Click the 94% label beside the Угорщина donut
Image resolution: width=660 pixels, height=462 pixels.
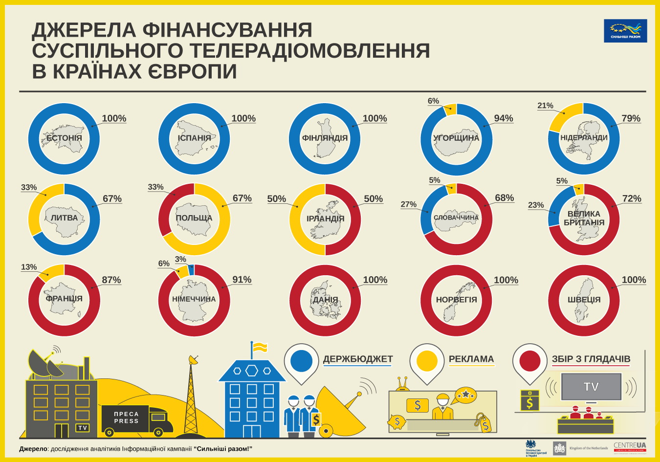tap(503, 118)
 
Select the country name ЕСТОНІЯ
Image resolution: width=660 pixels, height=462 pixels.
tap(64, 138)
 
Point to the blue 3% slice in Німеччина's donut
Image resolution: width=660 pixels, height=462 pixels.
tap(191, 269)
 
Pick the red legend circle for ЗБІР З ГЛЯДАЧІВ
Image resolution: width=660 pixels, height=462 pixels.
tap(530, 361)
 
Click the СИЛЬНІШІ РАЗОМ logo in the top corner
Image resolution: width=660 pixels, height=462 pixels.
tap(625, 30)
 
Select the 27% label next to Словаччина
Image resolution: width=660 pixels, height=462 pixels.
tap(408, 204)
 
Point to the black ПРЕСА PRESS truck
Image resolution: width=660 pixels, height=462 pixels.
tap(132, 419)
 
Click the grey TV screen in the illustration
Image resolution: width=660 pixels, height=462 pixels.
tap(591, 387)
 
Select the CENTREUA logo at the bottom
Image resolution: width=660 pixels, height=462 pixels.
tap(629, 446)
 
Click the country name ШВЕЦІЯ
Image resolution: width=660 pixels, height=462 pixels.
tap(584, 300)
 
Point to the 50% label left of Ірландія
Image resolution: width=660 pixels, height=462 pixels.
tap(276, 199)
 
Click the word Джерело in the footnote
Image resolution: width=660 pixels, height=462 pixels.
tap(33, 449)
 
